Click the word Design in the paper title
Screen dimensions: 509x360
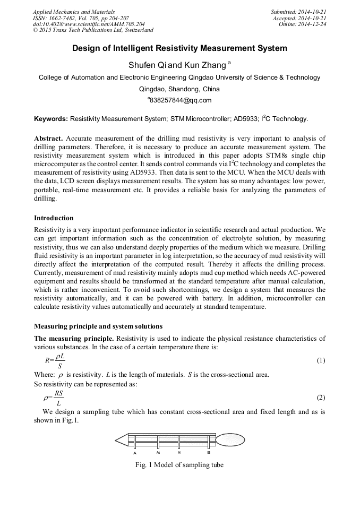[87, 48]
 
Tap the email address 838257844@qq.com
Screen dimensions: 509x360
[179, 100]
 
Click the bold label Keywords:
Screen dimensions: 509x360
[51, 119]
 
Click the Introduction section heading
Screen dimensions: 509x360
[54, 218]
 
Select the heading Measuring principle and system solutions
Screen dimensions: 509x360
[98, 325]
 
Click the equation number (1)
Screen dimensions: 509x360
[321, 360]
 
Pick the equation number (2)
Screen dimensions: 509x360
[321, 397]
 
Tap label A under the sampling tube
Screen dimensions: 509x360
[135, 453]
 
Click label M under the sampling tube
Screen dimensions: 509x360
[158, 452]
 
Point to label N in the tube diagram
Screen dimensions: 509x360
[179, 452]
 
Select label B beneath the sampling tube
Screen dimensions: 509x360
[209, 452]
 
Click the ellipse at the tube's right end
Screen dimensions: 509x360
[230, 439]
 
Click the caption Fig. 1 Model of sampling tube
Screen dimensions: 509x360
[179, 465]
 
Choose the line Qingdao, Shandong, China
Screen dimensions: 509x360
[179, 89]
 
